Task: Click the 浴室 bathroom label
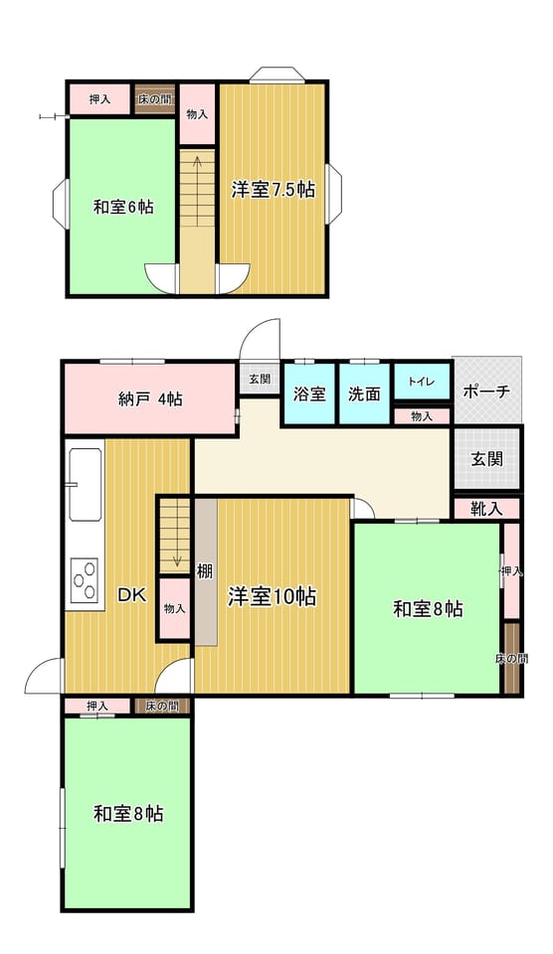click(x=309, y=394)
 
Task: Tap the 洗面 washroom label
click(x=364, y=394)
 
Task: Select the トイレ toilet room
click(x=422, y=382)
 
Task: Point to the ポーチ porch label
click(x=486, y=392)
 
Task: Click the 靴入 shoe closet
click(x=486, y=509)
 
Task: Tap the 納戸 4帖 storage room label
click(x=150, y=399)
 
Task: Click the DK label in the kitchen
click(x=131, y=595)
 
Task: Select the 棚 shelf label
click(x=205, y=571)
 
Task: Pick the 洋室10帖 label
click(x=272, y=596)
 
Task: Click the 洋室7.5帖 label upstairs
click(x=273, y=189)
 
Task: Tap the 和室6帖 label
click(x=123, y=207)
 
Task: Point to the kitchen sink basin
click(x=85, y=484)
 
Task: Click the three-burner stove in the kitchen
click(x=85, y=579)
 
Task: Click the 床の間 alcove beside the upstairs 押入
click(x=155, y=99)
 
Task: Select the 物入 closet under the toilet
click(x=422, y=416)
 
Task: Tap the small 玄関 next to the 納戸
click(x=260, y=379)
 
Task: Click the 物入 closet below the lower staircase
click(x=175, y=608)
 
